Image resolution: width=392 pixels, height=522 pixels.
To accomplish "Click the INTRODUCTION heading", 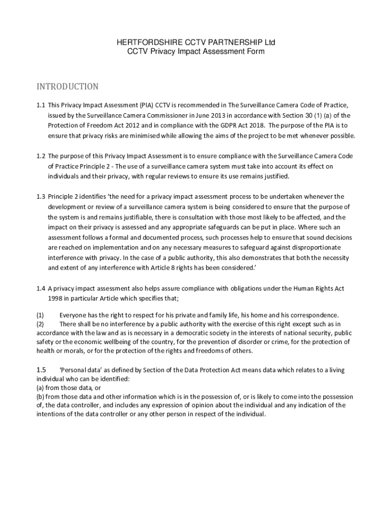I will pos(67,87).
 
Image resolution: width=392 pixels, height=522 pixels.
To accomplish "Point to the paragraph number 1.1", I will pos(40,106).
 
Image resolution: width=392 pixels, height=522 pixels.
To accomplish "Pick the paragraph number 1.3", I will pos(40,196).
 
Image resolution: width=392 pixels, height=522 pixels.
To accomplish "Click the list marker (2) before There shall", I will pos(40,324).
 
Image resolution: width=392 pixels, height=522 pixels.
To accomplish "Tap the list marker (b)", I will pos(40,396).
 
